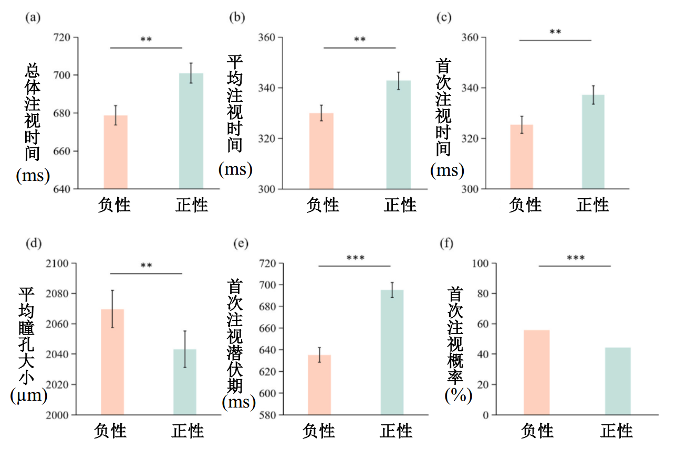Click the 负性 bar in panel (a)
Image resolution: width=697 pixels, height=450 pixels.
click(x=116, y=152)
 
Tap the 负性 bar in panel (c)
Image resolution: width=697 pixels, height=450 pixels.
click(x=522, y=157)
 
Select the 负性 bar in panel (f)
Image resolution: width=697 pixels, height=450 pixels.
click(x=536, y=372)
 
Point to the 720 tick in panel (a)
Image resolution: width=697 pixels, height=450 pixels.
click(x=63, y=38)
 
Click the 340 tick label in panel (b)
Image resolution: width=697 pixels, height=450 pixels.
click(x=267, y=88)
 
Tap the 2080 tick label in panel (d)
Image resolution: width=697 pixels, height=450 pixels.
click(x=59, y=294)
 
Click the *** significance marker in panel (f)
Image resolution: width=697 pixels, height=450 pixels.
click(x=576, y=258)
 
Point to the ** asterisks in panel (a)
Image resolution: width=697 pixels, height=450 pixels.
click(x=146, y=39)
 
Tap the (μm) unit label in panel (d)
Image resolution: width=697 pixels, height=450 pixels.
click(x=28, y=396)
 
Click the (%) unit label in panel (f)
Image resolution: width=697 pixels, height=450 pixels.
click(x=457, y=395)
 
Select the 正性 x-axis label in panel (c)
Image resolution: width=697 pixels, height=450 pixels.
click(x=592, y=205)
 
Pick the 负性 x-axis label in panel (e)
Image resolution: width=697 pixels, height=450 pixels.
click(x=318, y=431)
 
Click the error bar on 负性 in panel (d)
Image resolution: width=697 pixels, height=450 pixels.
click(x=112, y=309)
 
